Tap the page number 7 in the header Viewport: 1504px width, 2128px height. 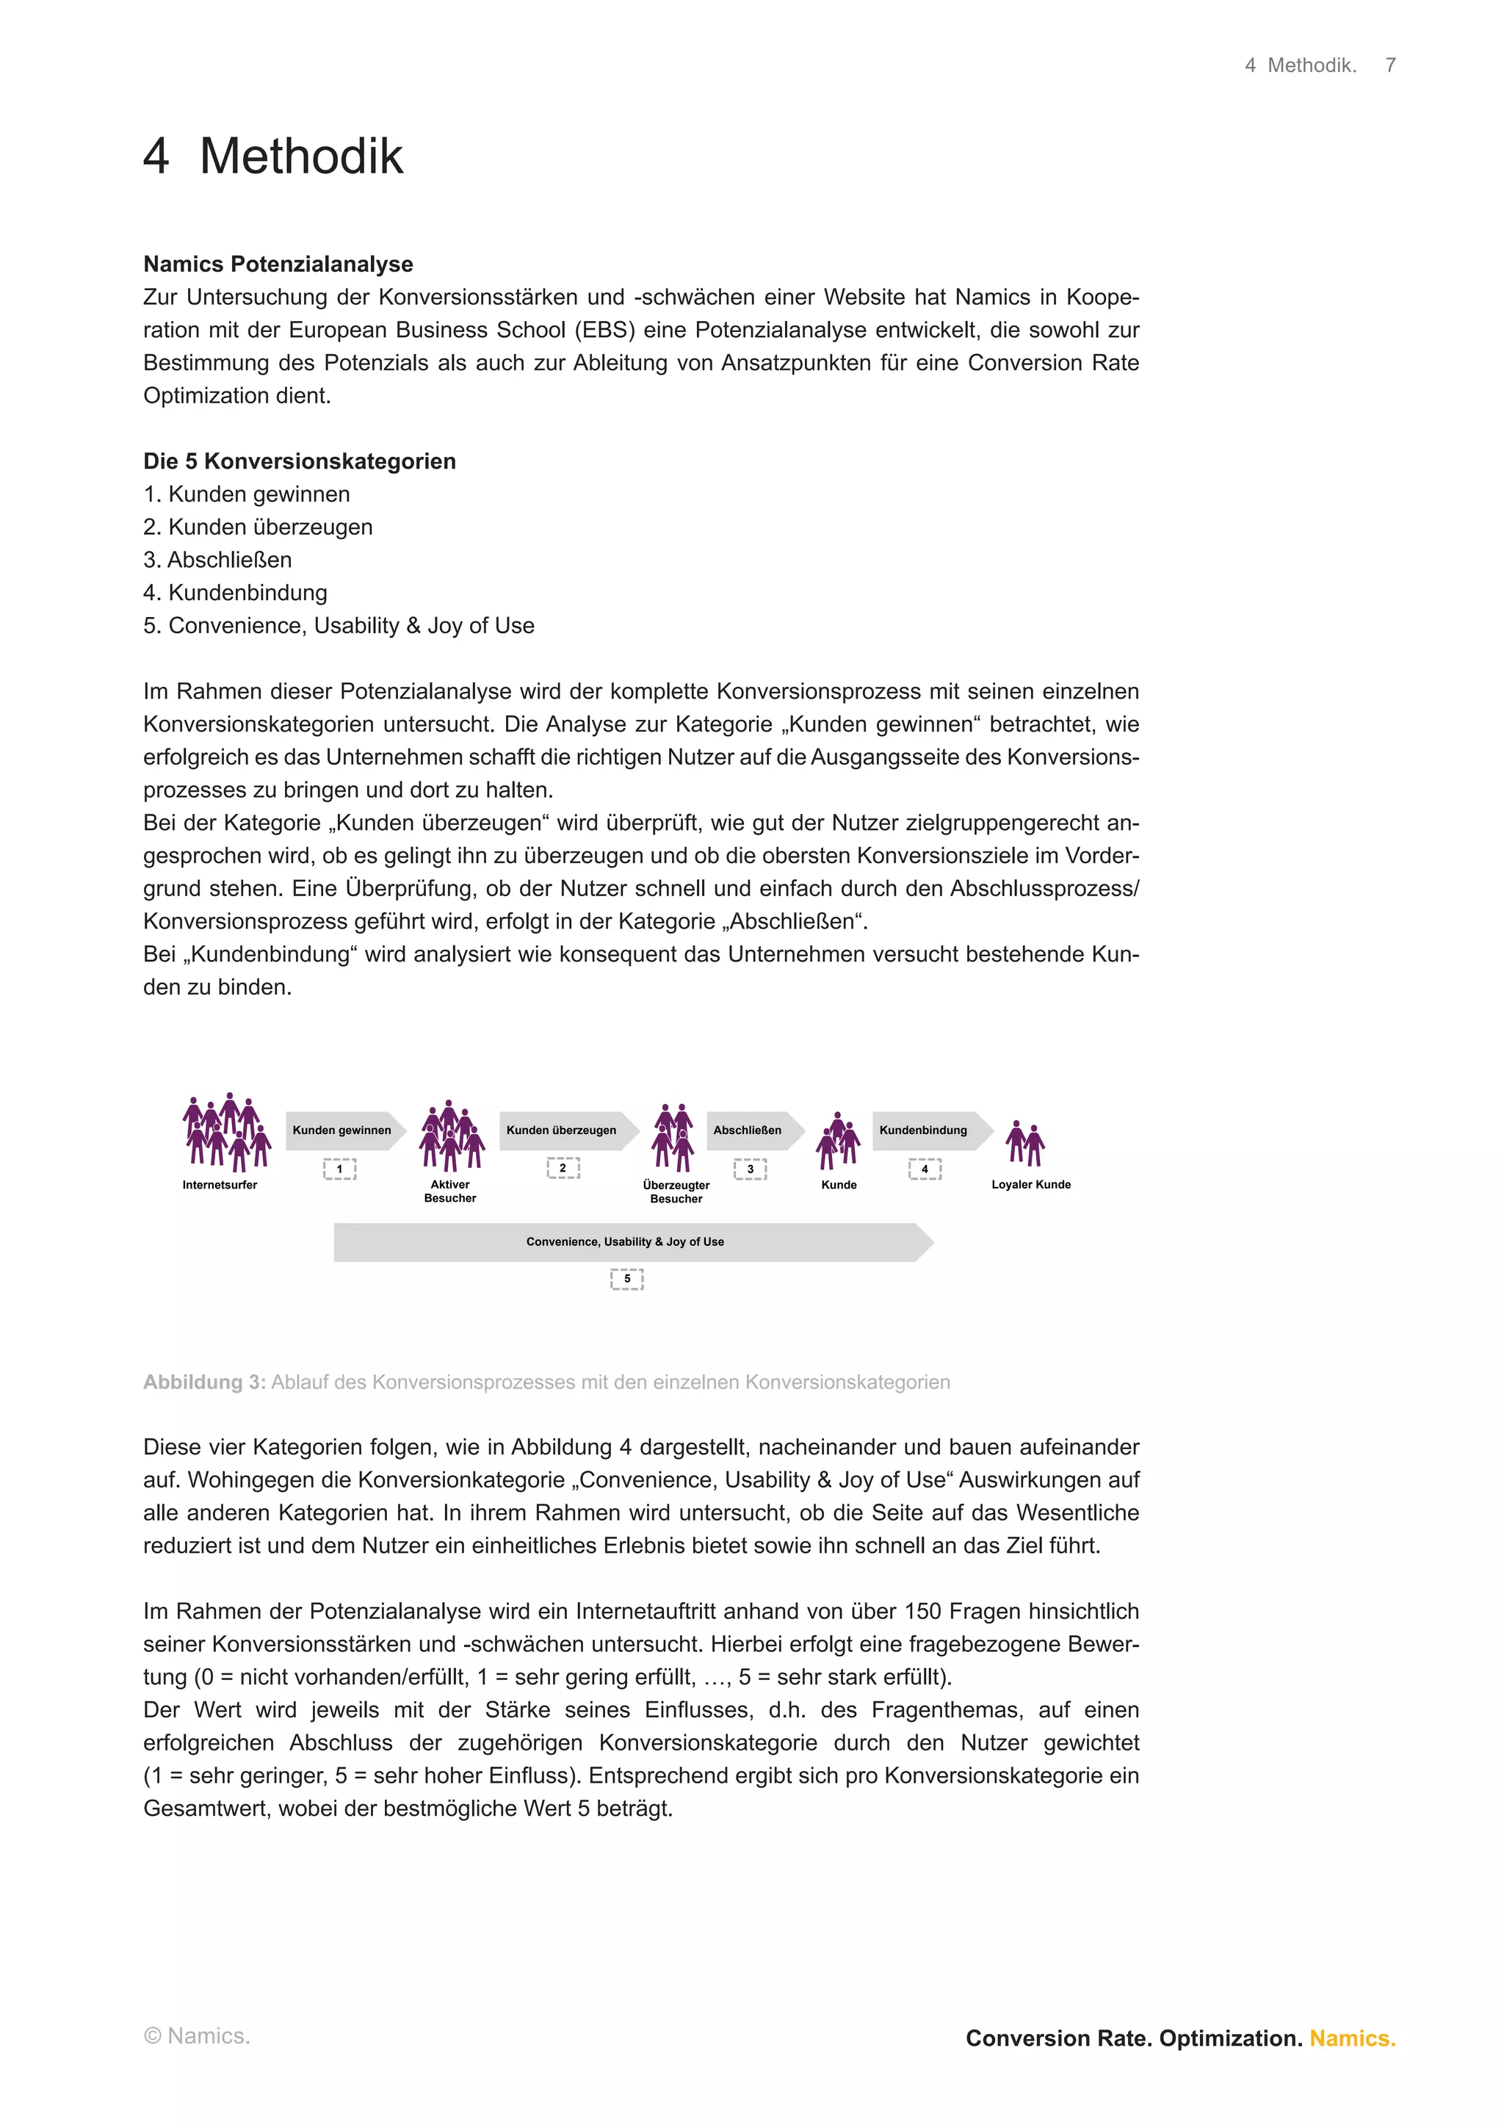coord(1390,65)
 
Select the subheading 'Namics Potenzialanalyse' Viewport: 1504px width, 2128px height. coord(278,264)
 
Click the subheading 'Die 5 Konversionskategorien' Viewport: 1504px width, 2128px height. coord(300,461)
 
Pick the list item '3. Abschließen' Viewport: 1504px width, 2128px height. coord(218,560)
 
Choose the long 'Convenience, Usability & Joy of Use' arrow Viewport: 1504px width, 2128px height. coord(630,1242)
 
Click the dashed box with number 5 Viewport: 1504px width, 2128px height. coord(626,1279)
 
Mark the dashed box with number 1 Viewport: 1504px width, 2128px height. coord(339,1169)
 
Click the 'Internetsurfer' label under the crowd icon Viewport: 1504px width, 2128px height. coord(220,1185)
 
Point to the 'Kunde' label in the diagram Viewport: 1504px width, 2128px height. coord(839,1185)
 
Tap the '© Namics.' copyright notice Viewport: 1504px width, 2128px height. coord(197,2036)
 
